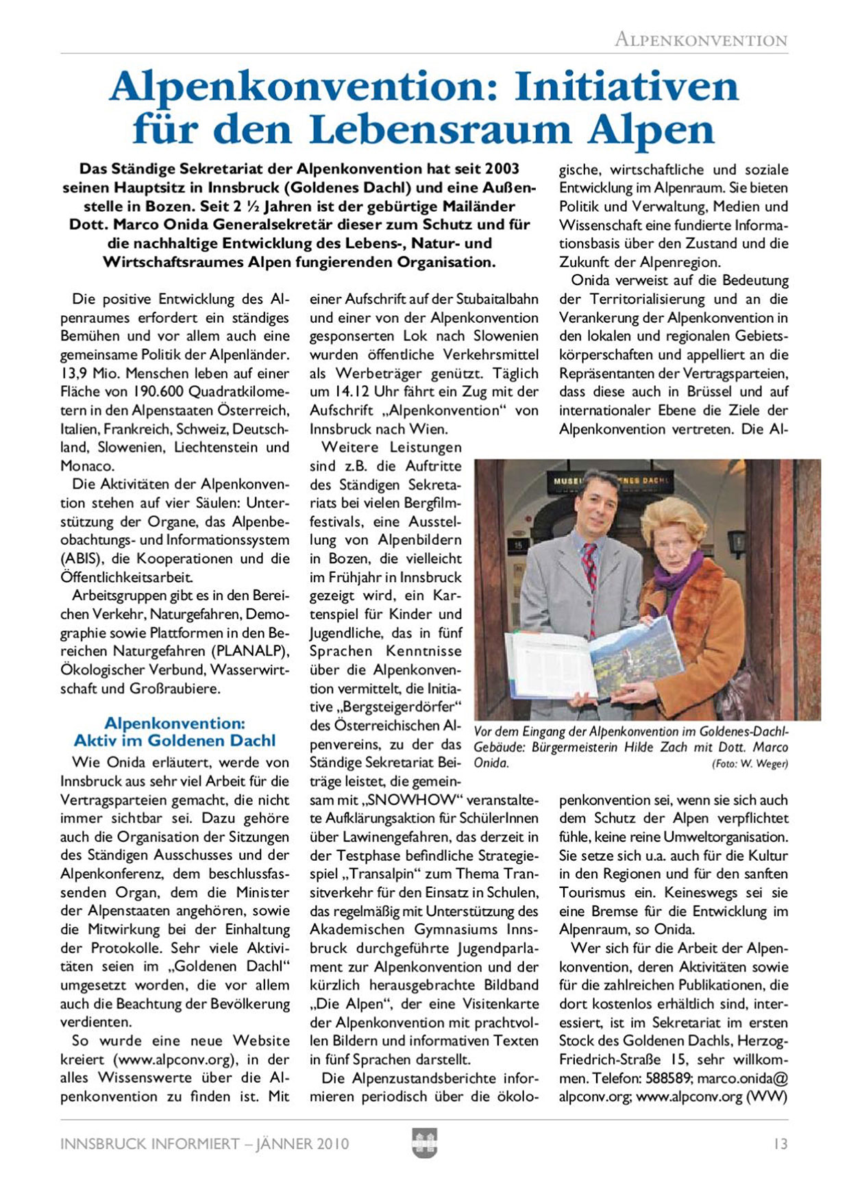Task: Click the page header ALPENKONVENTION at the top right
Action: [x=700, y=40]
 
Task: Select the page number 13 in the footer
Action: [x=780, y=1144]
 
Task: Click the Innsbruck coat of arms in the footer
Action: [x=424, y=1143]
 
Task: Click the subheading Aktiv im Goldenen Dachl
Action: [x=175, y=741]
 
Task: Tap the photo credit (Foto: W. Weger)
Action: [x=750, y=763]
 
